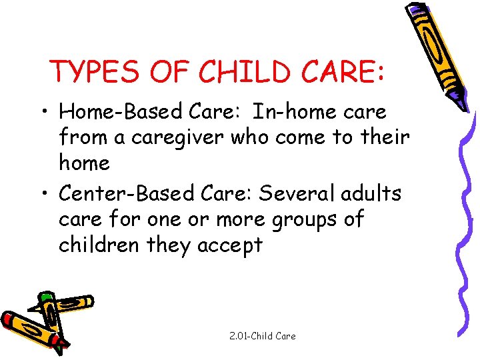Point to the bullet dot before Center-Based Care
click(x=45, y=195)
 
